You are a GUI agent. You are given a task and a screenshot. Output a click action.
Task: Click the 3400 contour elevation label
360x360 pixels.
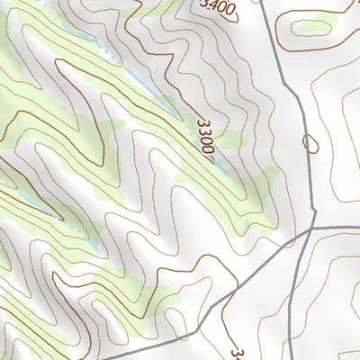[x=219, y=9]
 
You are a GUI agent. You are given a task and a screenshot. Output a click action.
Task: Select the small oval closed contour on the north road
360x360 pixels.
[x=310, y=142]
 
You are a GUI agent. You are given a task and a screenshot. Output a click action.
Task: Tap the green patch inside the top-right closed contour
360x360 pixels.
[x=316, y=27]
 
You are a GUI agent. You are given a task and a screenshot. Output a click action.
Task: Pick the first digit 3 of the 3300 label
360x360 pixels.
[x=199, y=122]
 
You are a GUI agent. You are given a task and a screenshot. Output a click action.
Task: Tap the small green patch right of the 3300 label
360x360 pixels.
[x=231, y=139]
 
